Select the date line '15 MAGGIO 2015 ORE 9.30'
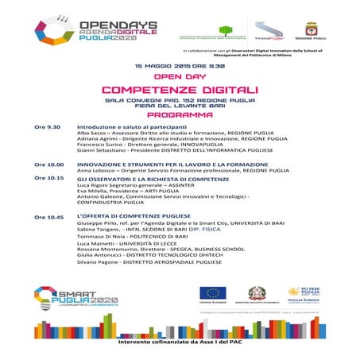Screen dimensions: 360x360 180,65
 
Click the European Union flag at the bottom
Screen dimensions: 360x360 212,293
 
